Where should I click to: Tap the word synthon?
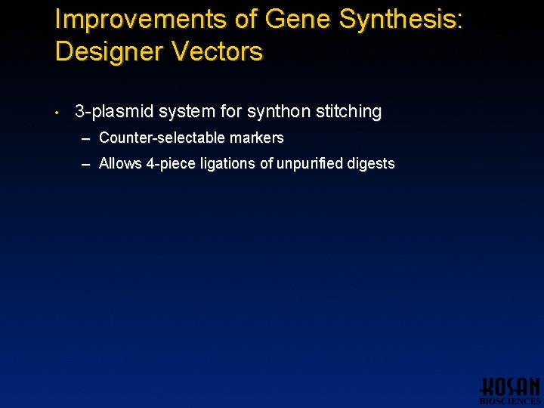coord(280,112)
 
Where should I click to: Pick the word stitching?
coord(349,112)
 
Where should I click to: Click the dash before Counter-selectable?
coord(87,138)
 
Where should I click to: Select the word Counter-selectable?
coord(168,138)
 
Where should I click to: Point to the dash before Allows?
coord(87,164)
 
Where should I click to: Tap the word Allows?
coord(120,163)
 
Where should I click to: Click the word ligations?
coord(230,164)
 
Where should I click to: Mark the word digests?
coord(370,164)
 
